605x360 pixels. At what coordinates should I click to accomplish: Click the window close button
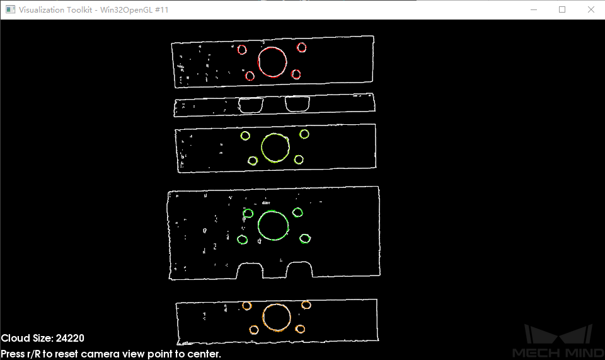click(591, 9)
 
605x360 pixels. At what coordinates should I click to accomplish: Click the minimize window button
click(534, 9)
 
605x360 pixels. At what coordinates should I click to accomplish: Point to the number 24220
click(70, 339)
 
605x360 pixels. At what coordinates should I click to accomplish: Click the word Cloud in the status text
click(15, 339)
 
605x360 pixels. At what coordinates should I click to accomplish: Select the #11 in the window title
click(162, 9)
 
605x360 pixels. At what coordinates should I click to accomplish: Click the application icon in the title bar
click(10, 9)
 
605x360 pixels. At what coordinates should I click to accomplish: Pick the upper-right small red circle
click(301, 44)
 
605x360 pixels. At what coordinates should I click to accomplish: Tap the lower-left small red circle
click(250, 72)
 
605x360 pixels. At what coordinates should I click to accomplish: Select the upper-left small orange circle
click(247, 302)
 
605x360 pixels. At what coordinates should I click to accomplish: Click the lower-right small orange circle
click(300, 325)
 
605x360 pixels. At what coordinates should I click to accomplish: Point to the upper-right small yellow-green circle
click(304, 130)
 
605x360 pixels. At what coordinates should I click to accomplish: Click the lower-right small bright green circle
click(305, 234)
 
